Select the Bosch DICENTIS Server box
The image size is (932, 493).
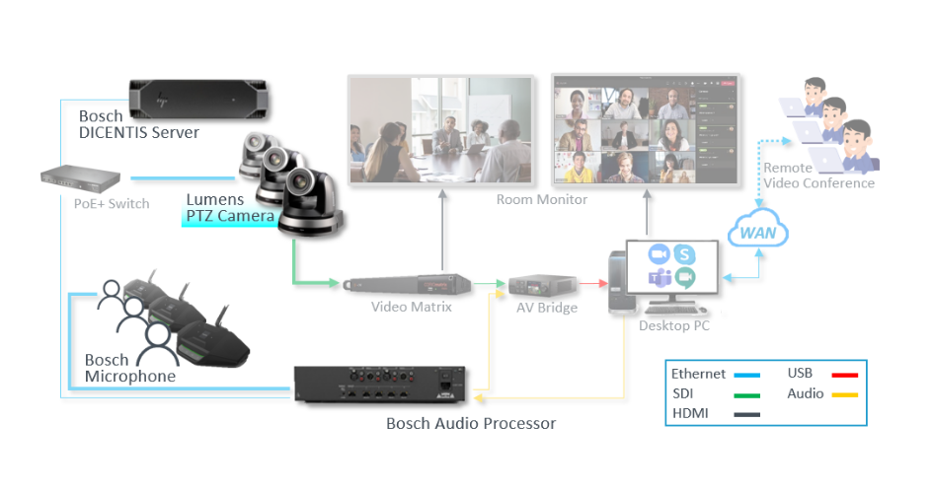[199, 97]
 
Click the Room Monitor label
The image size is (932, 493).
[542, 199]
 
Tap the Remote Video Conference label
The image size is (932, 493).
[818, 176]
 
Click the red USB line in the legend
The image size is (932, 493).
[844, 375]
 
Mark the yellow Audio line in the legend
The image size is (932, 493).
[844, 395]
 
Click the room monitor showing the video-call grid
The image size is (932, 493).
[646, 128]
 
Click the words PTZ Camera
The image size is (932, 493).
[230, 216]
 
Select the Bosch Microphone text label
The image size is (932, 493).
[129, 368]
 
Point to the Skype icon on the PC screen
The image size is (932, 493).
[683, 253]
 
